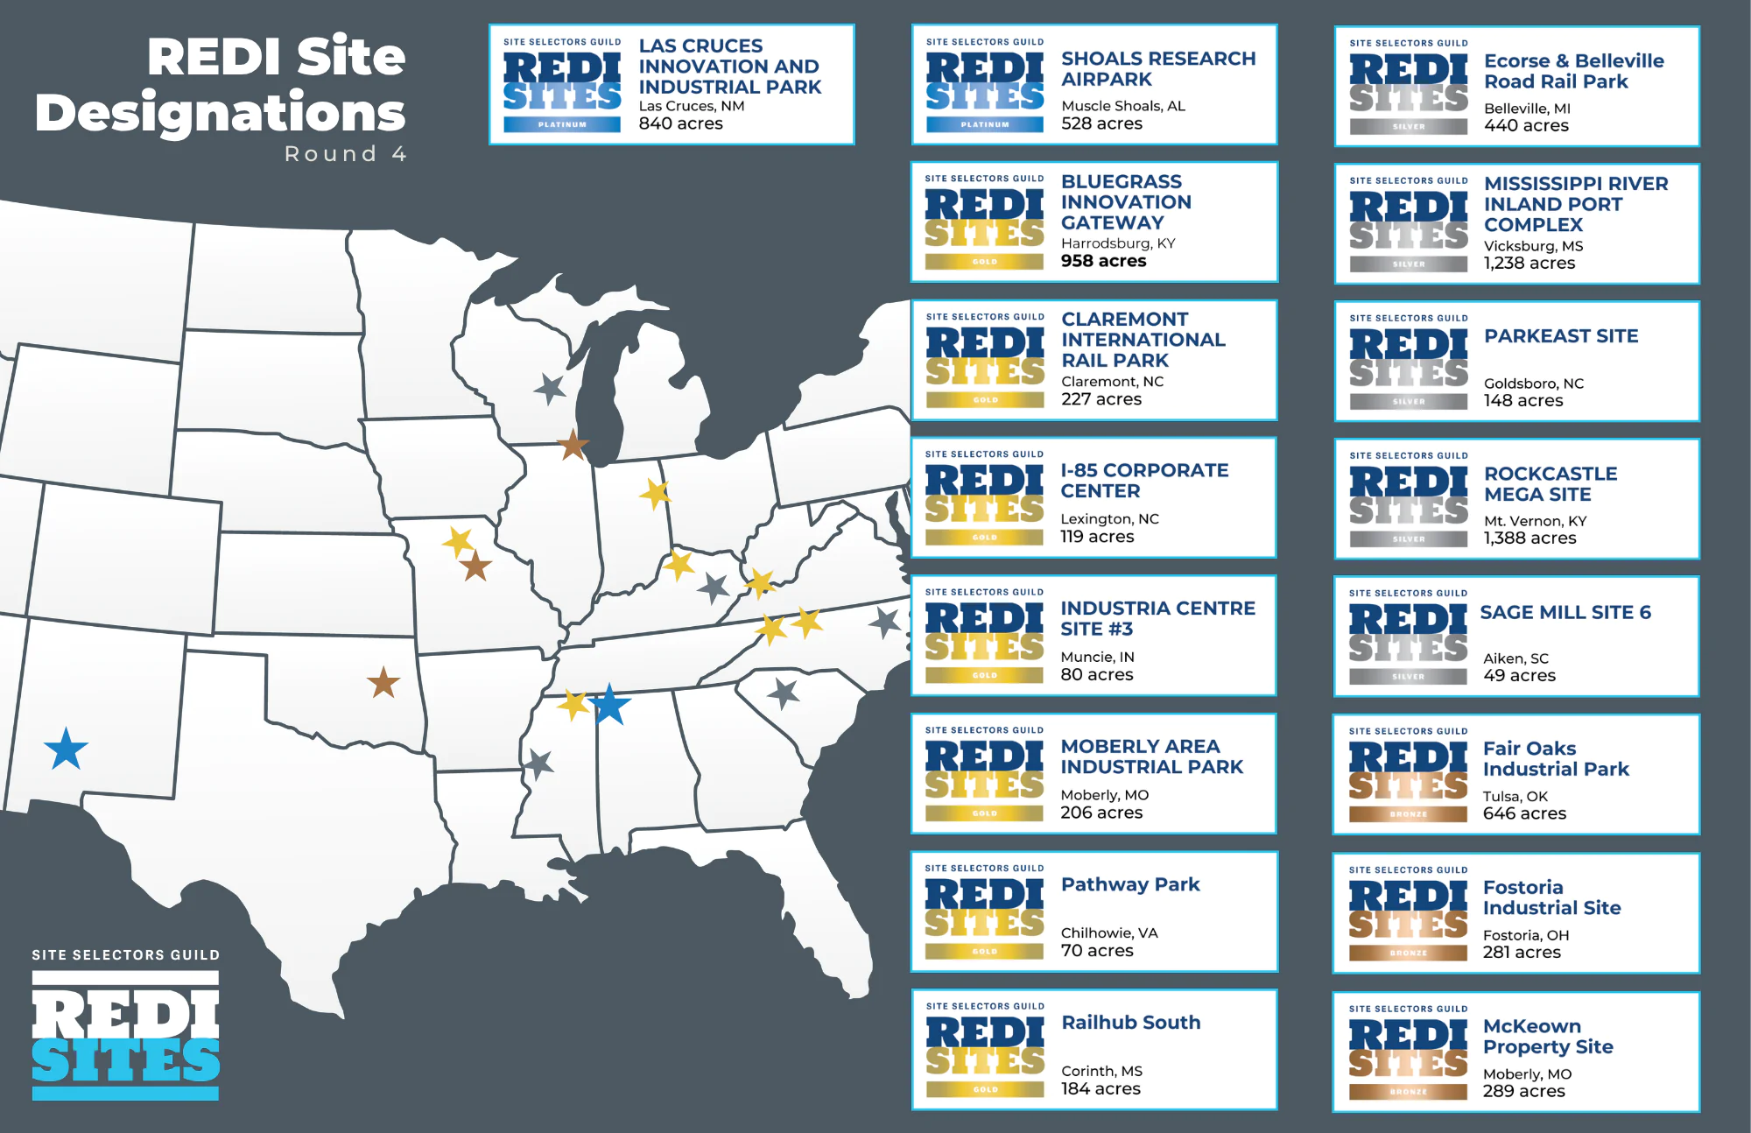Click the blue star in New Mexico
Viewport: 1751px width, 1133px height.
tap(66, 749)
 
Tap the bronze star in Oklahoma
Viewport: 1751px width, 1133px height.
tap(383, 682)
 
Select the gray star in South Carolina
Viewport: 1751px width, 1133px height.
tap(784, 693)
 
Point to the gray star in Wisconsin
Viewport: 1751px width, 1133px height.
tap(550, 388)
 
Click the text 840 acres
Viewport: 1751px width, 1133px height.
tap(680, 123)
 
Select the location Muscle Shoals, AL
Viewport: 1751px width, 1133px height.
tap(1122, 106)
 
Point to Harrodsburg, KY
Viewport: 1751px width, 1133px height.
tap(1117, 243)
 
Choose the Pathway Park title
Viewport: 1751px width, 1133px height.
tap(1129, 884)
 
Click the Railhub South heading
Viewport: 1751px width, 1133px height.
tap(1130, 1023)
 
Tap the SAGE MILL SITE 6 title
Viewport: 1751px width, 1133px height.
tap(1565, 612)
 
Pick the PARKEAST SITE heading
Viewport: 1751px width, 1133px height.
tap(1560, 336)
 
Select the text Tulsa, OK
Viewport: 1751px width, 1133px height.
tap(1515, 796)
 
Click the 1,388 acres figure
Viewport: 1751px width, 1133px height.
tap(1529, 538)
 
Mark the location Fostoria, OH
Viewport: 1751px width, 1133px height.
tap(1525, 935)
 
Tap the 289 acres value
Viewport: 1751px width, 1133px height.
tap(1523, 1091)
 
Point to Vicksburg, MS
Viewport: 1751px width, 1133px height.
tap(1533, 246)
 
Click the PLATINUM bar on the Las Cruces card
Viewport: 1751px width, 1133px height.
tap(562, 124)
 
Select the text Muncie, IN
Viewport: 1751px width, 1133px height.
tap(1097, 657)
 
